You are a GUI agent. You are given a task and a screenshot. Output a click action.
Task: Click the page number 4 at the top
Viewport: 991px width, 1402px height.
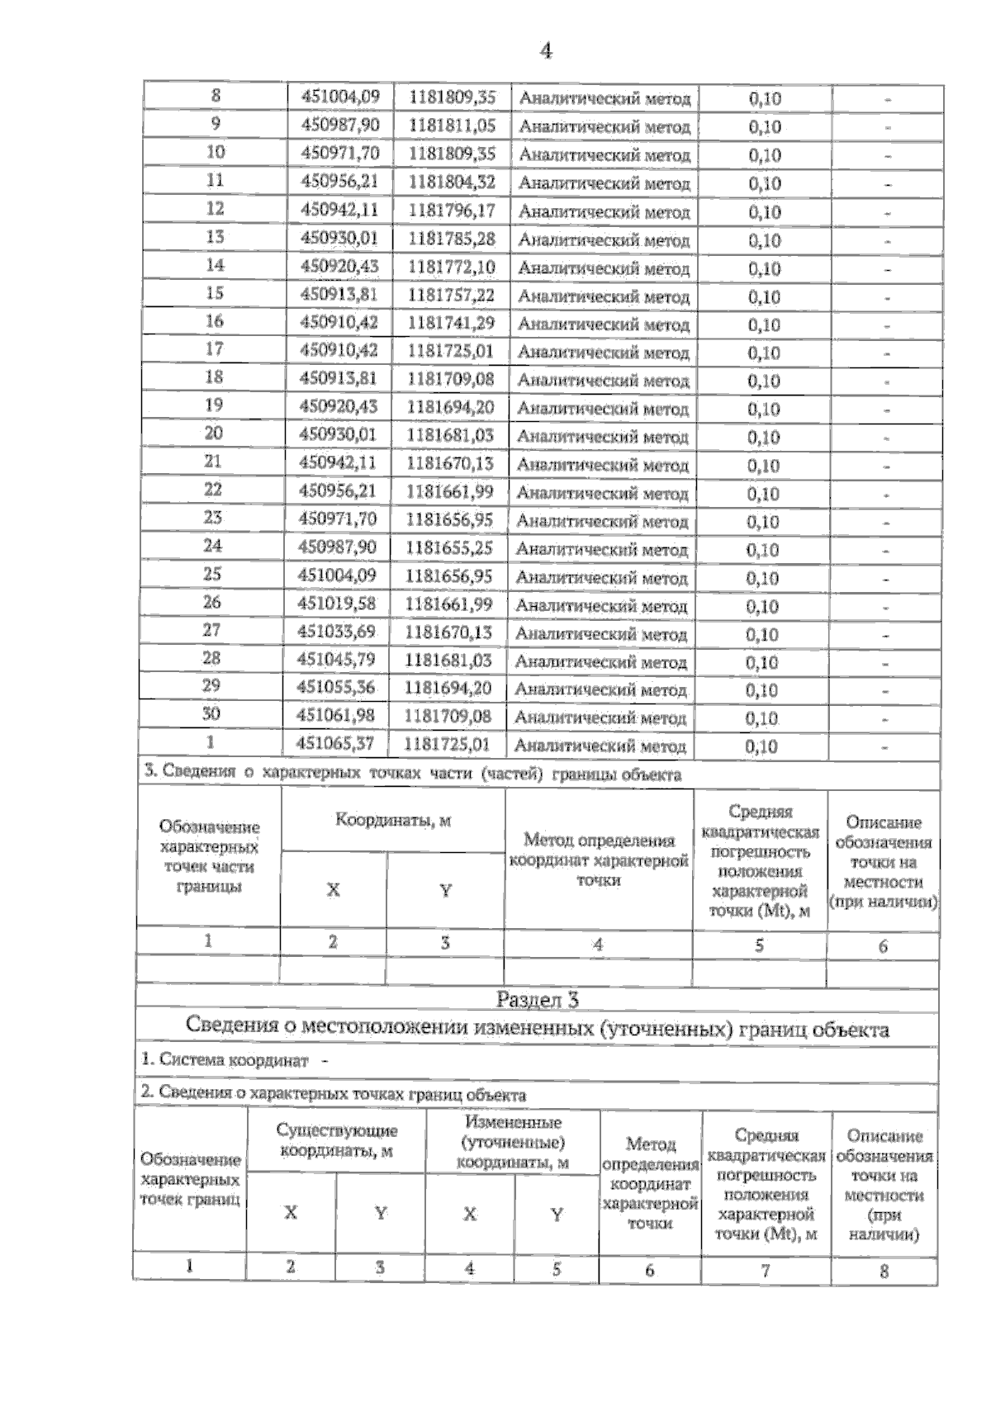pos(546,51)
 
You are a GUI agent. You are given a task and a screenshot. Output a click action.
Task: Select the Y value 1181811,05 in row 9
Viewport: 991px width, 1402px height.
pos(452,126)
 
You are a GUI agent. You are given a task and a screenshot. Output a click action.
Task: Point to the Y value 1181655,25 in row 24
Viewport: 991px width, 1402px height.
pos(449,548)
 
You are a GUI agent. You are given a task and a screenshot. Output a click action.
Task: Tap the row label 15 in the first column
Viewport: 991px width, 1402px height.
pos(214,294)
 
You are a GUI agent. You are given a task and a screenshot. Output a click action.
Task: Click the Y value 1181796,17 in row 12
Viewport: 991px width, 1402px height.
pos(451,211)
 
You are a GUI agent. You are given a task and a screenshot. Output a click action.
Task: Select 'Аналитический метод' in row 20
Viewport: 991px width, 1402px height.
pos(602,437)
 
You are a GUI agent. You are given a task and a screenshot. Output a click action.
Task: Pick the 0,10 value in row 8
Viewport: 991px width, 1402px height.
pos(765,98)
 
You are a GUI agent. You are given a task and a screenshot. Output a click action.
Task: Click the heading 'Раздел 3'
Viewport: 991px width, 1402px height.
pos(537,1000)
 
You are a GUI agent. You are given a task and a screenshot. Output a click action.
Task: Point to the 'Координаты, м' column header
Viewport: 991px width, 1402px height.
pos(393,821)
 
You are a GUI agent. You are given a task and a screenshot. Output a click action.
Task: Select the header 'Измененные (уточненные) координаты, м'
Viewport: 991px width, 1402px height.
pos(513,1142)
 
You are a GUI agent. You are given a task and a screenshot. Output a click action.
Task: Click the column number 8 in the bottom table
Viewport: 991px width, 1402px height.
pos(884,1271)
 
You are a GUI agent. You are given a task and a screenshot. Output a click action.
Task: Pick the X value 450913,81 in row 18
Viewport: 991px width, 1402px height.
pos(339,379)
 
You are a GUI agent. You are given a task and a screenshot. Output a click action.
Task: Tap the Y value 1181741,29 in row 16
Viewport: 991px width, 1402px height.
pos(451,323)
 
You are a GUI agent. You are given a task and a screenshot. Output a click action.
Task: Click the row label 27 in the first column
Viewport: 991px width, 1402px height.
pos(211,631)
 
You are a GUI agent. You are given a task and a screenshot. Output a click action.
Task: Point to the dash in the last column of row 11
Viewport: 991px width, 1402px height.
pos(887,184)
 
